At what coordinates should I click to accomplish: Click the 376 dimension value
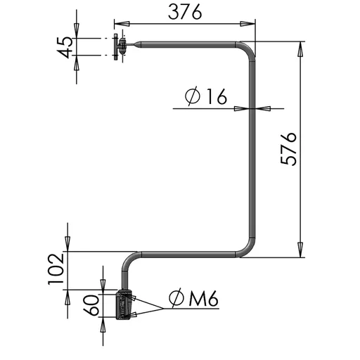click(x=185, y=12)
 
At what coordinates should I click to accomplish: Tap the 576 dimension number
click(x=289, y=149)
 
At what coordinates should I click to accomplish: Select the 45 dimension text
click(x=65, y=47)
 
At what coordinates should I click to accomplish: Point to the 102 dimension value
click(x=56, y=269)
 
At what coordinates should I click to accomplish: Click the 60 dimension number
click(x=91, y=305)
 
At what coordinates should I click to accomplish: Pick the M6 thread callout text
click(x=204, y=298)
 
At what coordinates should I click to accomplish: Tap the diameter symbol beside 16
click(x=193, y=96)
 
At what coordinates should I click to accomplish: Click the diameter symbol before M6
click(x=176, y=298)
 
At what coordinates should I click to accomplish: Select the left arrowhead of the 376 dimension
click(x=122, y=24)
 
